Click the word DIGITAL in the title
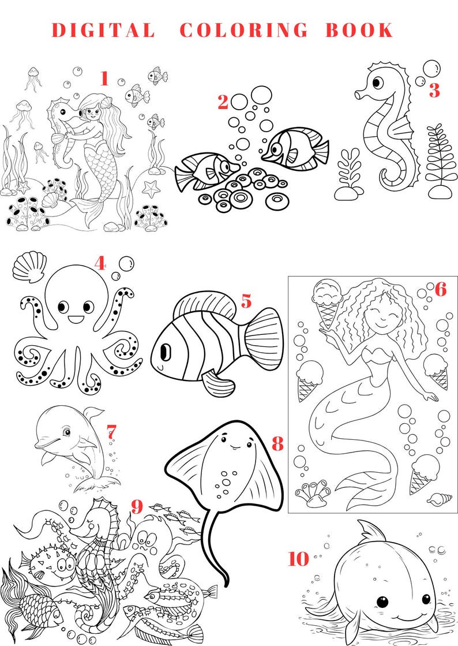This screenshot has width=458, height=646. (103, 30)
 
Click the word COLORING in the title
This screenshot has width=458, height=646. (243, 30)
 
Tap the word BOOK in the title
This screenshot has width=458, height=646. (359, 30)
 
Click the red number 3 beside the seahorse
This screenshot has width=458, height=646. (434, 91)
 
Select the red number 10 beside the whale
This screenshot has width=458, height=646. (298, 558)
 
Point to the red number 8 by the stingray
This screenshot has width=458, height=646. (277, 443)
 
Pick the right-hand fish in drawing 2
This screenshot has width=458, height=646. (294, 147)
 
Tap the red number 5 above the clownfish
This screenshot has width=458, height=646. (246, 301)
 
